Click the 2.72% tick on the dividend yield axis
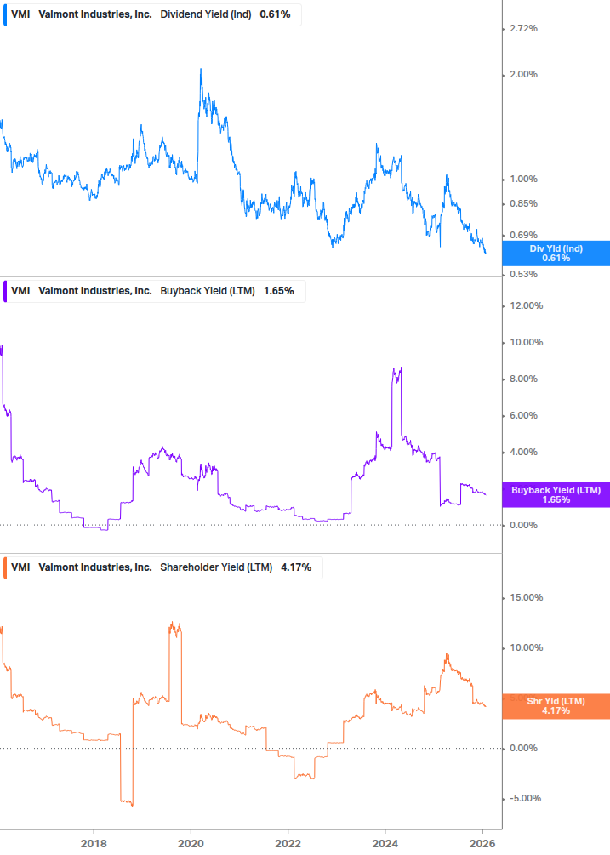pos(522,29)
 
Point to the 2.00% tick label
pos(522,75)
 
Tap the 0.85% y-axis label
pos(522,204)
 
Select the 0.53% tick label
pos(522,274)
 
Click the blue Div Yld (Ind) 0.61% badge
pos(556,254)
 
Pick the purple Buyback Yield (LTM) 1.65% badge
pos(556,494)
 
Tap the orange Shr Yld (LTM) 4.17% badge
pos(556,706)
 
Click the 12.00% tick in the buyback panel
pos(525,306)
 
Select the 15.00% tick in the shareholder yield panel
pos(525,598)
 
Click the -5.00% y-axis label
pos(525,799)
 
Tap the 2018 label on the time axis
pos(94,843)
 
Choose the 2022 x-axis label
pos(288,843)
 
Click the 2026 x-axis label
pos(482,843)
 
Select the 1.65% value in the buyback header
pos(278,291)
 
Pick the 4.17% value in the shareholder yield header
pos(296,567)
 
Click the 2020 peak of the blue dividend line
pos(201,69)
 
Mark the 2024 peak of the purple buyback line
pos(401,368)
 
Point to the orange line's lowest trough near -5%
pos(131,805)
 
